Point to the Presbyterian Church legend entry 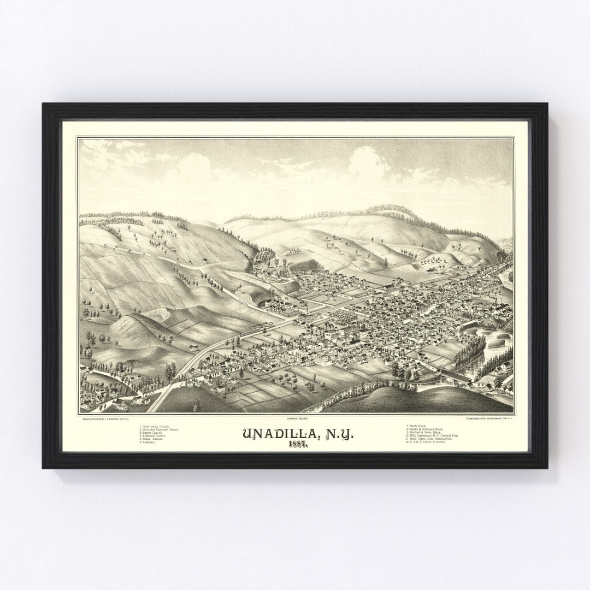[155, 425]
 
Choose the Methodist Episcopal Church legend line [160, 429]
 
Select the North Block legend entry [417, 425]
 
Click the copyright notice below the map [296, 418]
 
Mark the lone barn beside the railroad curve [192, 347]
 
